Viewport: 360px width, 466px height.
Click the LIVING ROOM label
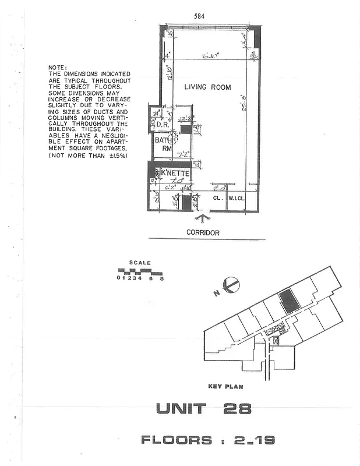207,87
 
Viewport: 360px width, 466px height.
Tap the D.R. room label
161,125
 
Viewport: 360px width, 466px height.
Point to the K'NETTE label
171,172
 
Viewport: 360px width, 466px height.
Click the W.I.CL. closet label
236,197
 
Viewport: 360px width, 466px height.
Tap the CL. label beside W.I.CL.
217,197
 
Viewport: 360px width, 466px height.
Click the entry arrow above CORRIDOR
202,219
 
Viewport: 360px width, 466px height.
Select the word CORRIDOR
203,232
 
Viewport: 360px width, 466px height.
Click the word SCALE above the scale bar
140,263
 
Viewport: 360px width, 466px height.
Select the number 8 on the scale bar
162,278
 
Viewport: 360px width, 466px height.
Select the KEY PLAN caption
225,387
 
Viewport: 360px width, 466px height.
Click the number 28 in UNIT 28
237,409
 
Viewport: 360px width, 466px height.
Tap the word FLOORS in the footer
176,440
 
